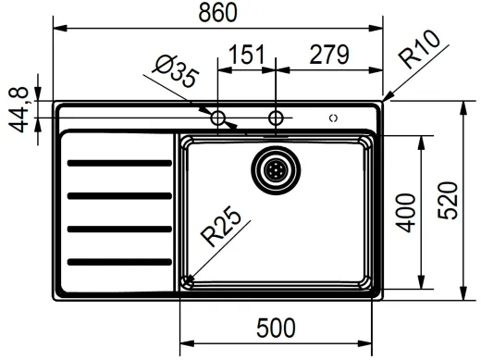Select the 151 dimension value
(x=246, y=56)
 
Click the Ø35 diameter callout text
(x=175, y=73)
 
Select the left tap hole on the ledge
(x=219, y=118)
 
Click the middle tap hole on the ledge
(x=275, y=118)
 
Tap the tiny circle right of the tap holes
(x=333, y=118)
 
